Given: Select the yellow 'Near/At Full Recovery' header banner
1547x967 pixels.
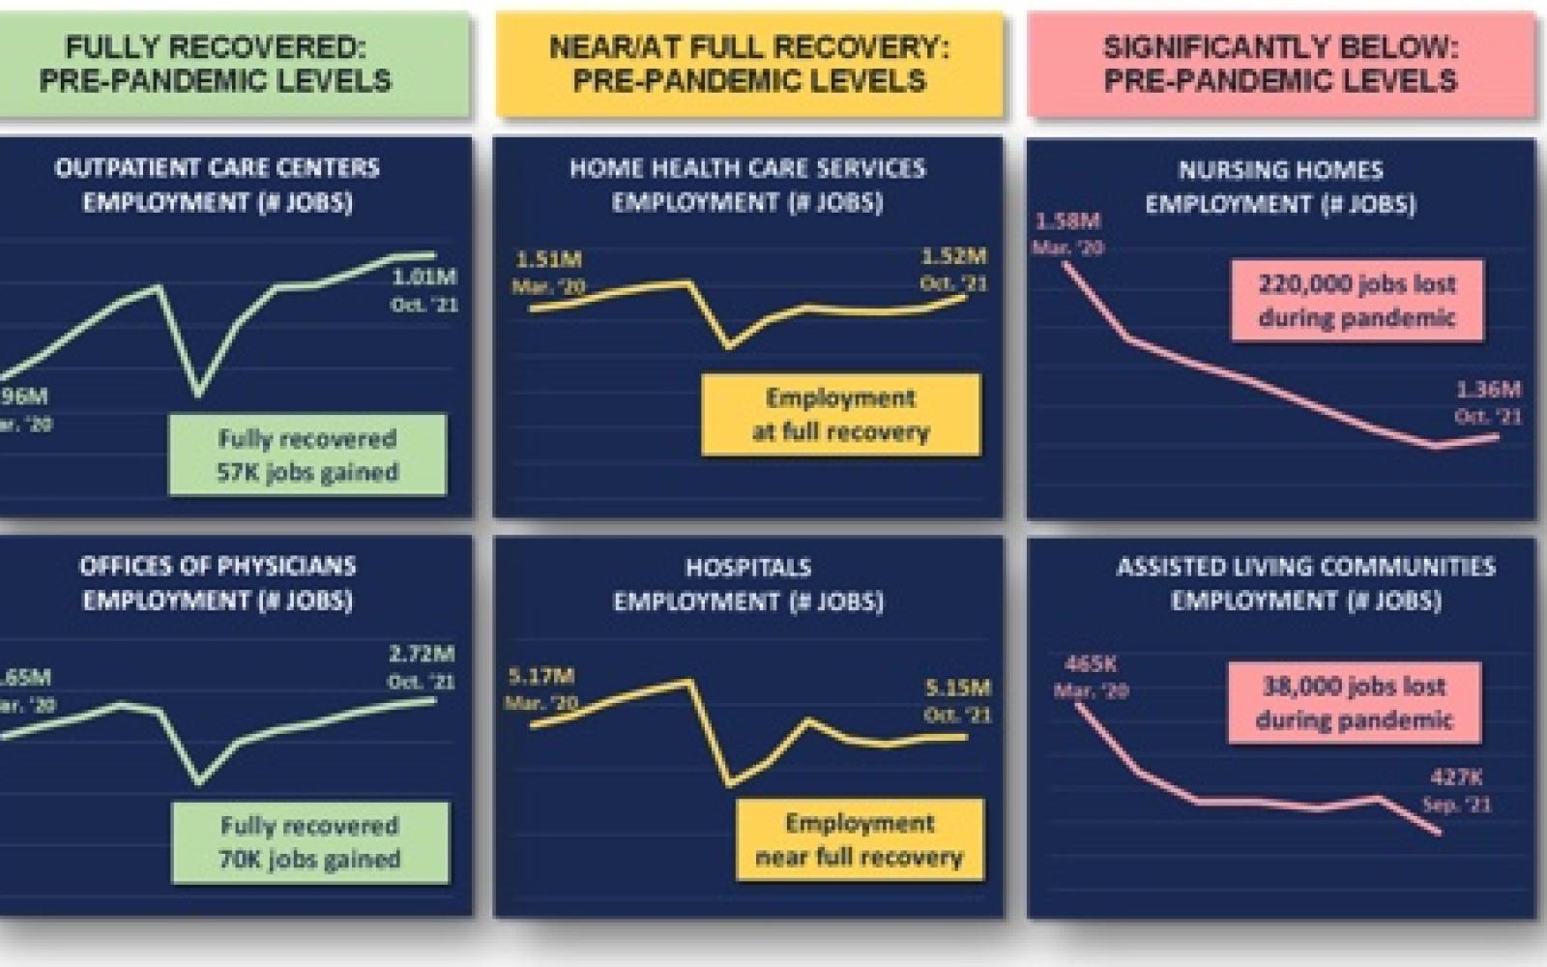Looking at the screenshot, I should [x=749, y=64].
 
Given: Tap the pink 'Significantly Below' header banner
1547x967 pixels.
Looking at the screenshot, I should [x=1281, y=64].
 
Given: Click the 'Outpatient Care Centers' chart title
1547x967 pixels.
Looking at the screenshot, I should [x=218, y=184].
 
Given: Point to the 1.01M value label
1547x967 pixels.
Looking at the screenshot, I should [x=424, y=278].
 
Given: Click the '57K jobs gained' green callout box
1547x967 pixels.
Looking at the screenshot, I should [x=307, y=454].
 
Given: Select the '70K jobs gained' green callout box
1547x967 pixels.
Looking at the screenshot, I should [x=309, y=842].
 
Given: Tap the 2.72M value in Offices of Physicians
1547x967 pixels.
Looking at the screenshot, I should [x=422, y=655].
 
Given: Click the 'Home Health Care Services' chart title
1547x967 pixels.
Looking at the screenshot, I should [x=747, y=184].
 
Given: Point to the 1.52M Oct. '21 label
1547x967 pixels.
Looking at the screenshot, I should [x=954, y=257].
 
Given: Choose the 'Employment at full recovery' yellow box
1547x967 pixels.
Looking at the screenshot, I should [x=840, y=415].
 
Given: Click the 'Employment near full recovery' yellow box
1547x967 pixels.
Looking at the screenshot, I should [x=859, y=839].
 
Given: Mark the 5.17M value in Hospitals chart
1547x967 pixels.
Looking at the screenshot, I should [x=541, y=676].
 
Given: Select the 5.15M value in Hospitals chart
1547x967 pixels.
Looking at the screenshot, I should [x=957, y=689].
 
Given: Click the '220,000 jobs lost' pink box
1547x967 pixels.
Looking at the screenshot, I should [x=1357, y=301].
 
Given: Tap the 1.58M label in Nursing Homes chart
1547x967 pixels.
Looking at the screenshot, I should [x=1067, y=221].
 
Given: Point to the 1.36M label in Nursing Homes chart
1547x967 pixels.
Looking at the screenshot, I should [x=1488, y=390].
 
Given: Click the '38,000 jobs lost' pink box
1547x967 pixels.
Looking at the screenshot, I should [x=1354, y=703].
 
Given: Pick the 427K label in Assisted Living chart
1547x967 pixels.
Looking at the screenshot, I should [x=1456, y=777].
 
